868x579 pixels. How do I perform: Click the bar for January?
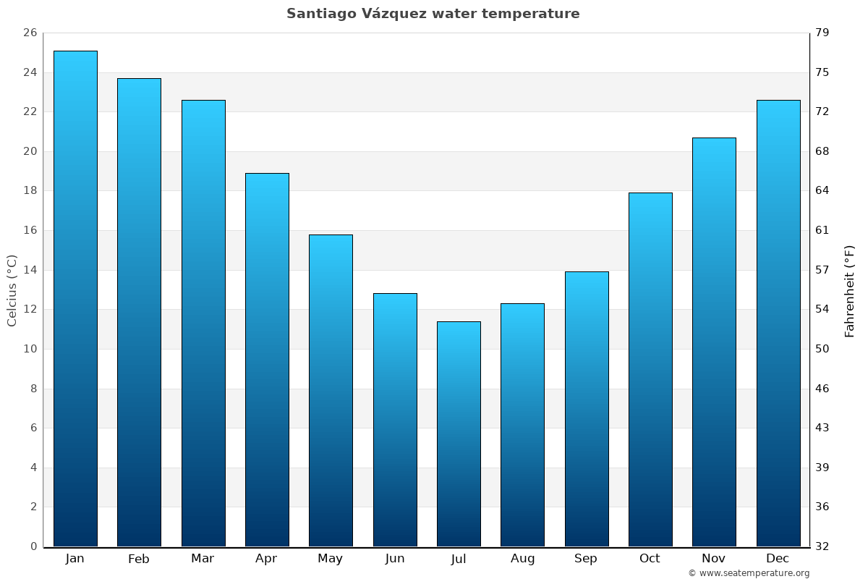[75, 298]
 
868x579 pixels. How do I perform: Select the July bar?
[459, 434]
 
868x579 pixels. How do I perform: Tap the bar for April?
[267, 360]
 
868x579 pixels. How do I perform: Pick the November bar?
[714, 342]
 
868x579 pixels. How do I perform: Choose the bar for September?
[587, 409]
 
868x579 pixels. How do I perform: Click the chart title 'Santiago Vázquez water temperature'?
[433, 14]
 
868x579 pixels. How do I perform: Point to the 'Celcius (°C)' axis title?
[12, 290]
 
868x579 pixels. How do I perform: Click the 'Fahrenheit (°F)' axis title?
[849, 290]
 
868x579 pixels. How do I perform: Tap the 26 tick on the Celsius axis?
[30, 33]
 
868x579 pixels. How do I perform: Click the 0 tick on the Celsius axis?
[33, 546]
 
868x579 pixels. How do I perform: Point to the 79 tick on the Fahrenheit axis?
[822, 33]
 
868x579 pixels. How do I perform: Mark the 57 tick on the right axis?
[822, 270]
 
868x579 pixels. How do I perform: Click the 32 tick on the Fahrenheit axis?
[822, 546]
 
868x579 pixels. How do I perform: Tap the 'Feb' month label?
[138, 559]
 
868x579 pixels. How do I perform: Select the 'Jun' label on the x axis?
[395, 559]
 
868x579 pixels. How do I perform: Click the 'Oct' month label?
[650, 559]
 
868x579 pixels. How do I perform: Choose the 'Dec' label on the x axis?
[778, 559]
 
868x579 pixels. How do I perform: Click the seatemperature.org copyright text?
[749, 573]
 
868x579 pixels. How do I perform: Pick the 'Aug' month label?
[522, 559]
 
